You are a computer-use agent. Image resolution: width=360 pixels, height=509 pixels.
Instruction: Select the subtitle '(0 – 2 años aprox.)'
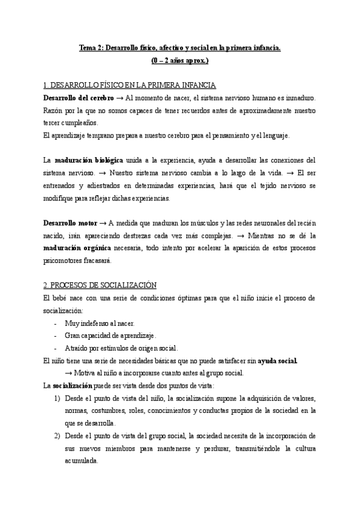[179, 61]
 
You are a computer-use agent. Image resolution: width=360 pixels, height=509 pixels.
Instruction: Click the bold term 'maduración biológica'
[88, 161]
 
